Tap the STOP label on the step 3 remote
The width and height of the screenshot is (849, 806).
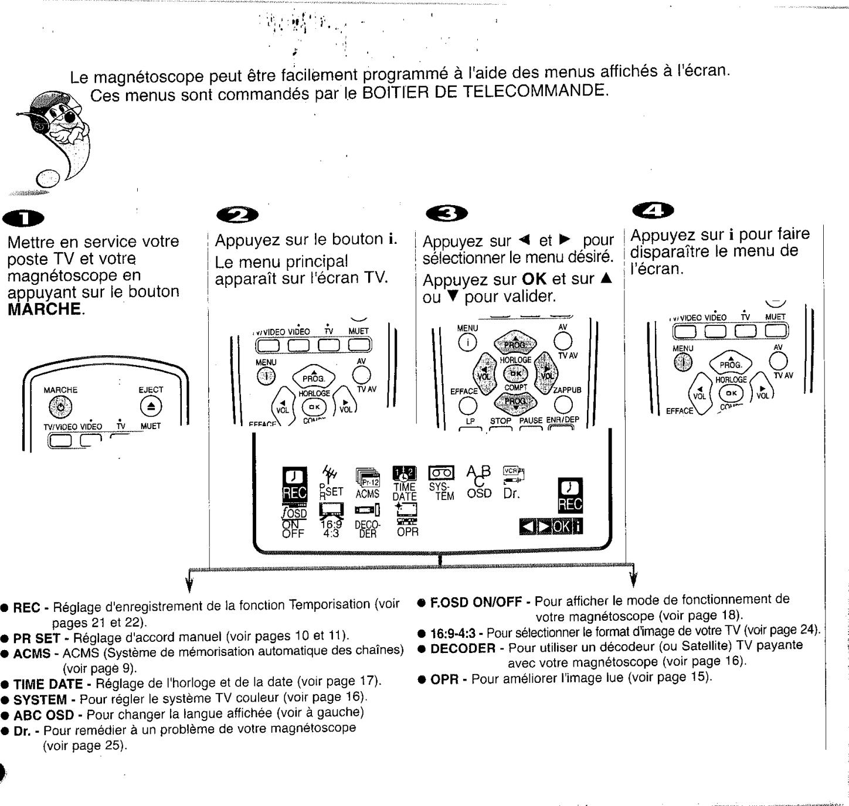[x=501, y=421]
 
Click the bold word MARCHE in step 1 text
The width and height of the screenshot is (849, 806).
[x=45, y=309]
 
